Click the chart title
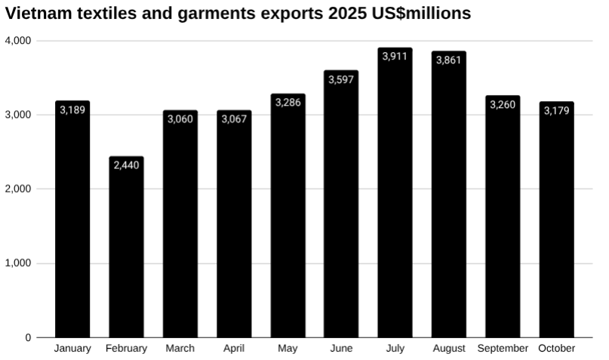pyautogui.click(x=238, y=14)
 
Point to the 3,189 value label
pyautogui.click(x=72, y=110)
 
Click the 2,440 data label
pyautogui.click(x=126, y=165)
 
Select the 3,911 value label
pyautogui.click(x=395, y=57)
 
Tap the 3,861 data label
pyautogui.click(x=449, y=60)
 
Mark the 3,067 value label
pyautogui.click(x=234, y=119)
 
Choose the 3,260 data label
pyautogui.click(x=503, y=104)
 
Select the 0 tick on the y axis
pyautogui.click(x=28, y=337)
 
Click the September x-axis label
pyautogui.click(x=503, y=349)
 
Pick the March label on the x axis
pyautogui.click(x=180, y=349)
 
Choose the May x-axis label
pyautogui.click(x=288, y=349)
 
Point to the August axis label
pyautogui.click(x=449, y=349)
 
